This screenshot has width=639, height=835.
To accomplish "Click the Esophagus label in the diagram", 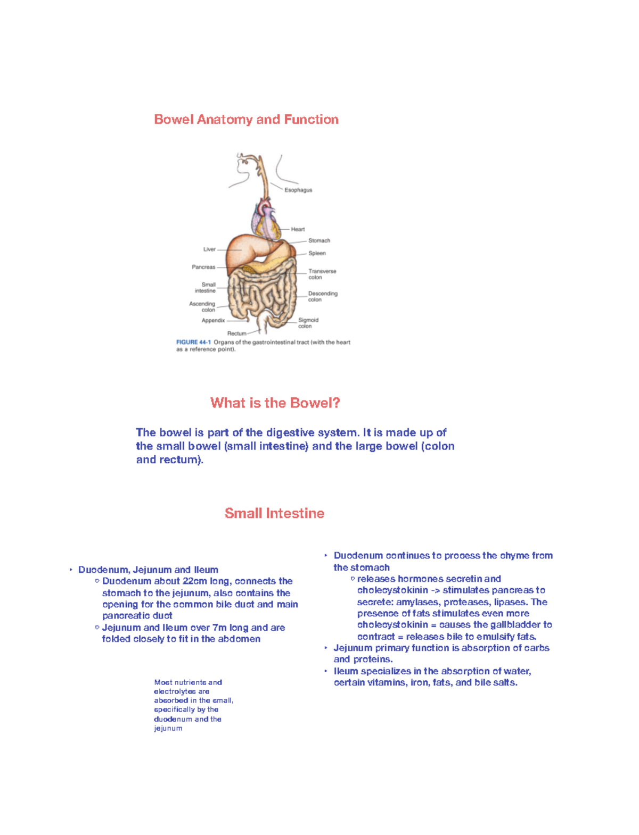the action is click(x=298, y=190).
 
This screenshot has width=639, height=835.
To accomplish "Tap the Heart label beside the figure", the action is click(x=298, y=229).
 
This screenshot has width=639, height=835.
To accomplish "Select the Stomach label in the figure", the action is click(x=319, y=240).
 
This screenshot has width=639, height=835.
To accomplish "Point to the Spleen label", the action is click(x=317, y=253).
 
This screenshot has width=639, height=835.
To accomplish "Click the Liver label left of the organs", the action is click(x=209, y=249).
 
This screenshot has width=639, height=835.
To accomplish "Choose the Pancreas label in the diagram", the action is click(x=203, y=267).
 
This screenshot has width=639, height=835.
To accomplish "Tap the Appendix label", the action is click(x=213, y=320).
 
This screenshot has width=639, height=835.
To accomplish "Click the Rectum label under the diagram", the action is click(x=237, y=333).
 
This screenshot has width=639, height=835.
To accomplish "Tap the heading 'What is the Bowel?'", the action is click(x=275, y=403).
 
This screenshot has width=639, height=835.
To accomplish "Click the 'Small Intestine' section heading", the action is click(x=274, y=513).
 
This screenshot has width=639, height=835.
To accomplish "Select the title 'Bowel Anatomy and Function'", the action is click(x=246, y=119).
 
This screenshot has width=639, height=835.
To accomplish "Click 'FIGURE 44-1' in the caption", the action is click(x=193, y=343).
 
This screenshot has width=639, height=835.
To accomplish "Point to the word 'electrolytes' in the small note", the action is click(x=175, y=691).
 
